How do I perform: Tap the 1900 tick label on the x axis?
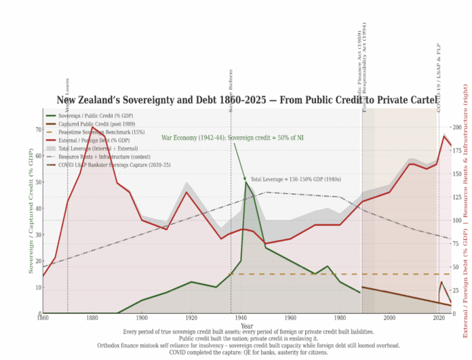(142, 318)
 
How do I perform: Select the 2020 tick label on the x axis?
(437, 318)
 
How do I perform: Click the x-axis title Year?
(247, 325)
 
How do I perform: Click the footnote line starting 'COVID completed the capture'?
(246, 351)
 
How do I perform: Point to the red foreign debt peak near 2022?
(444, 136)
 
